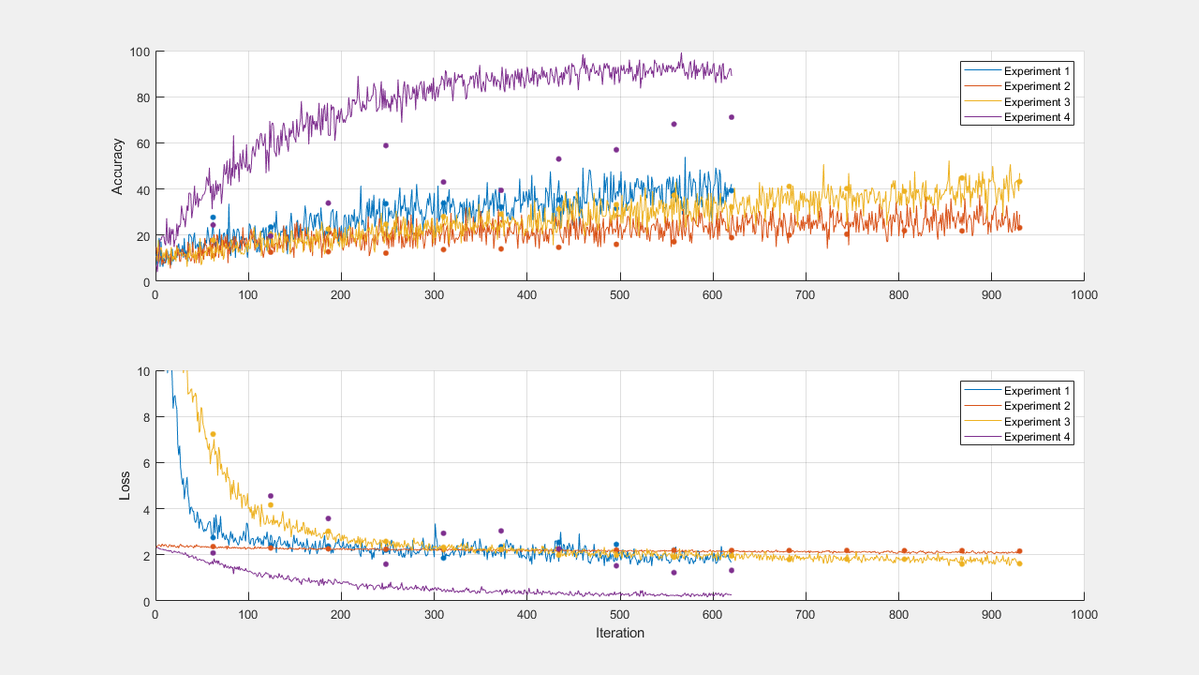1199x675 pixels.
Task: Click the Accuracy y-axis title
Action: click(117, 166)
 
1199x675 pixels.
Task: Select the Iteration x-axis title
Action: click(619, 633)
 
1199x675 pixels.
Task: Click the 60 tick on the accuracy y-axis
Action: click(142, 143)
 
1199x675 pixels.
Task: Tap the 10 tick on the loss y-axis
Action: click(142, 371)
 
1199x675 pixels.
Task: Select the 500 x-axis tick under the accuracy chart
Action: click(619, 294)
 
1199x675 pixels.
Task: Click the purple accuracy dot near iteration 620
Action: click(732, 117)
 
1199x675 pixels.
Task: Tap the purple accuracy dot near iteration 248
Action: click(385, 145)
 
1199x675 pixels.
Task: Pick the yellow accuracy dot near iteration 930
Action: click(1019, 182)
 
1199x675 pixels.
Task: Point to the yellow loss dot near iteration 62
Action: click(213, 434)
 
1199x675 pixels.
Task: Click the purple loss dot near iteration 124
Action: click(271, 496)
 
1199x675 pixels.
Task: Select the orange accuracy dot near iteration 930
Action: click(1019, 228)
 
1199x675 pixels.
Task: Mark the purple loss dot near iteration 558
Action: click(674, 573)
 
